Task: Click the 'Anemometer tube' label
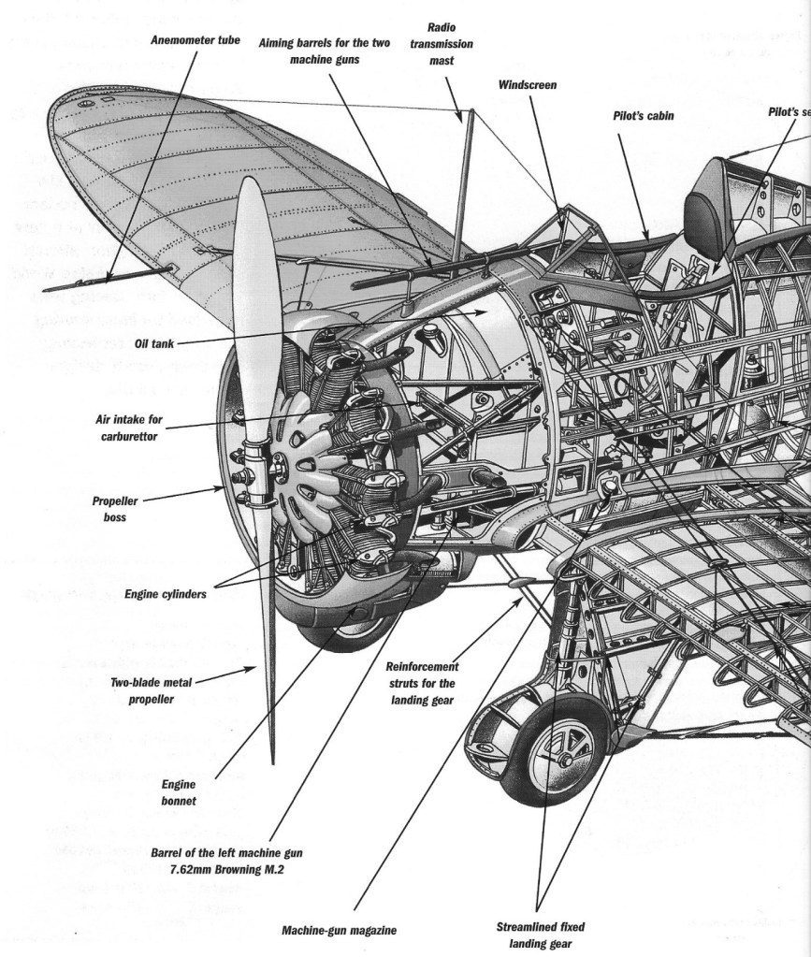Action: tap(195, 41)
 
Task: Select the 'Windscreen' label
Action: tap(529, 84)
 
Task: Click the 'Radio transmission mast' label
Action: tap(448, 43)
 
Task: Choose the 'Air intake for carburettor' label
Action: tap(128, 428)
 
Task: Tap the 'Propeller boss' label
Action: tap(115, 508)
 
